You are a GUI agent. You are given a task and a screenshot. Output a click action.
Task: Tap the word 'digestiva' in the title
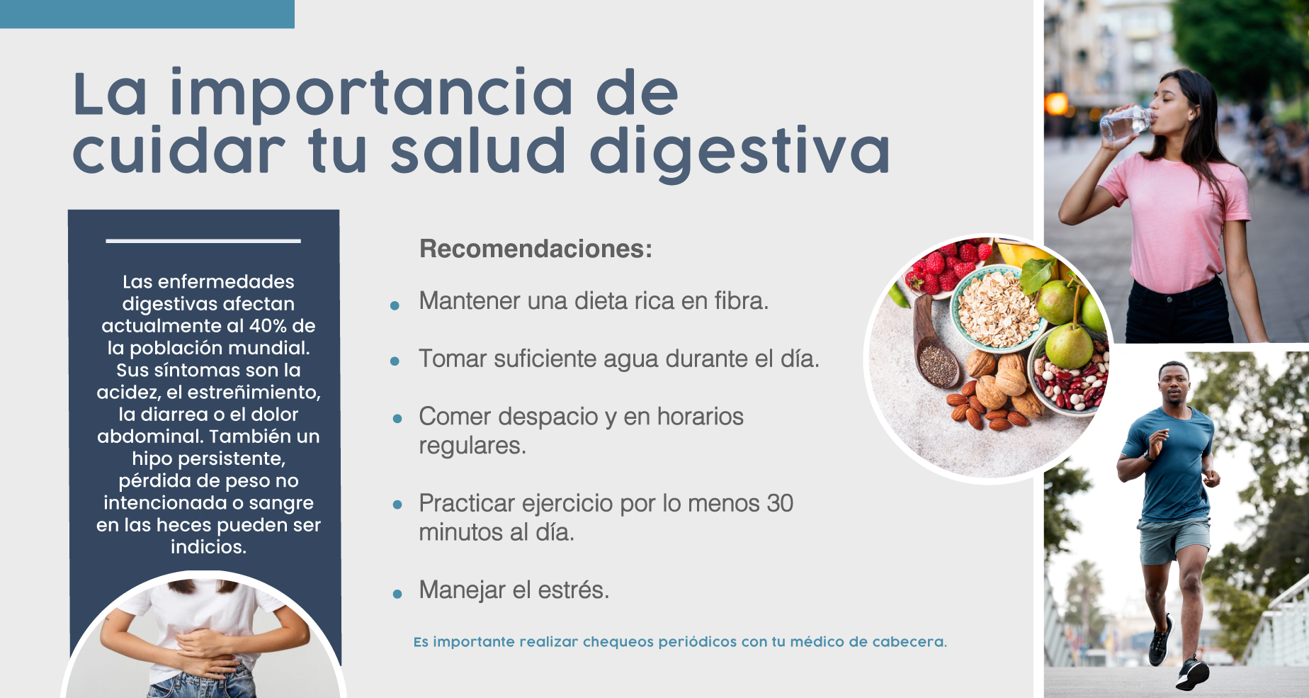tap(739, 152)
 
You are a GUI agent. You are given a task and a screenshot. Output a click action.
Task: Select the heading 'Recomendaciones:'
tap(535, 249)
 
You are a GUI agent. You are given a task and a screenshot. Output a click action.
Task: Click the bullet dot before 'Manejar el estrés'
tap(397, 594)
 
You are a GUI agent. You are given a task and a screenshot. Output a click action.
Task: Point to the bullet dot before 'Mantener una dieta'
tap(395, 305)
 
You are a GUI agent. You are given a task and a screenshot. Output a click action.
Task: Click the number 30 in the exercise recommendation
tap(780, 503)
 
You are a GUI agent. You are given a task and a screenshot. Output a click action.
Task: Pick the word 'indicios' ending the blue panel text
tap(208, 547)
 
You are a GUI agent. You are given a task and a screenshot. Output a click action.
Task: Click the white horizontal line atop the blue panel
tap(203, 241)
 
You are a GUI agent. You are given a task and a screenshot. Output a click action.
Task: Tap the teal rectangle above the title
tap(147, 14)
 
